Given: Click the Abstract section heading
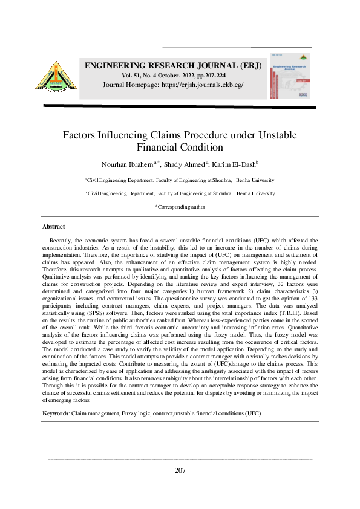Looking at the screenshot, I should click(x=53, y=226).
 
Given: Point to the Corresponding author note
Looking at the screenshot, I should click(x=180, y=207).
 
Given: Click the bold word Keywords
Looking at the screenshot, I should click(x=56, y=413).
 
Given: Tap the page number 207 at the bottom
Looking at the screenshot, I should click(x=180, y=470).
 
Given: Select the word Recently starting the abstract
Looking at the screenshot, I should click(x=62, y=240).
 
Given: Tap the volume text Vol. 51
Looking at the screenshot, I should click(x=133, y=75).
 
